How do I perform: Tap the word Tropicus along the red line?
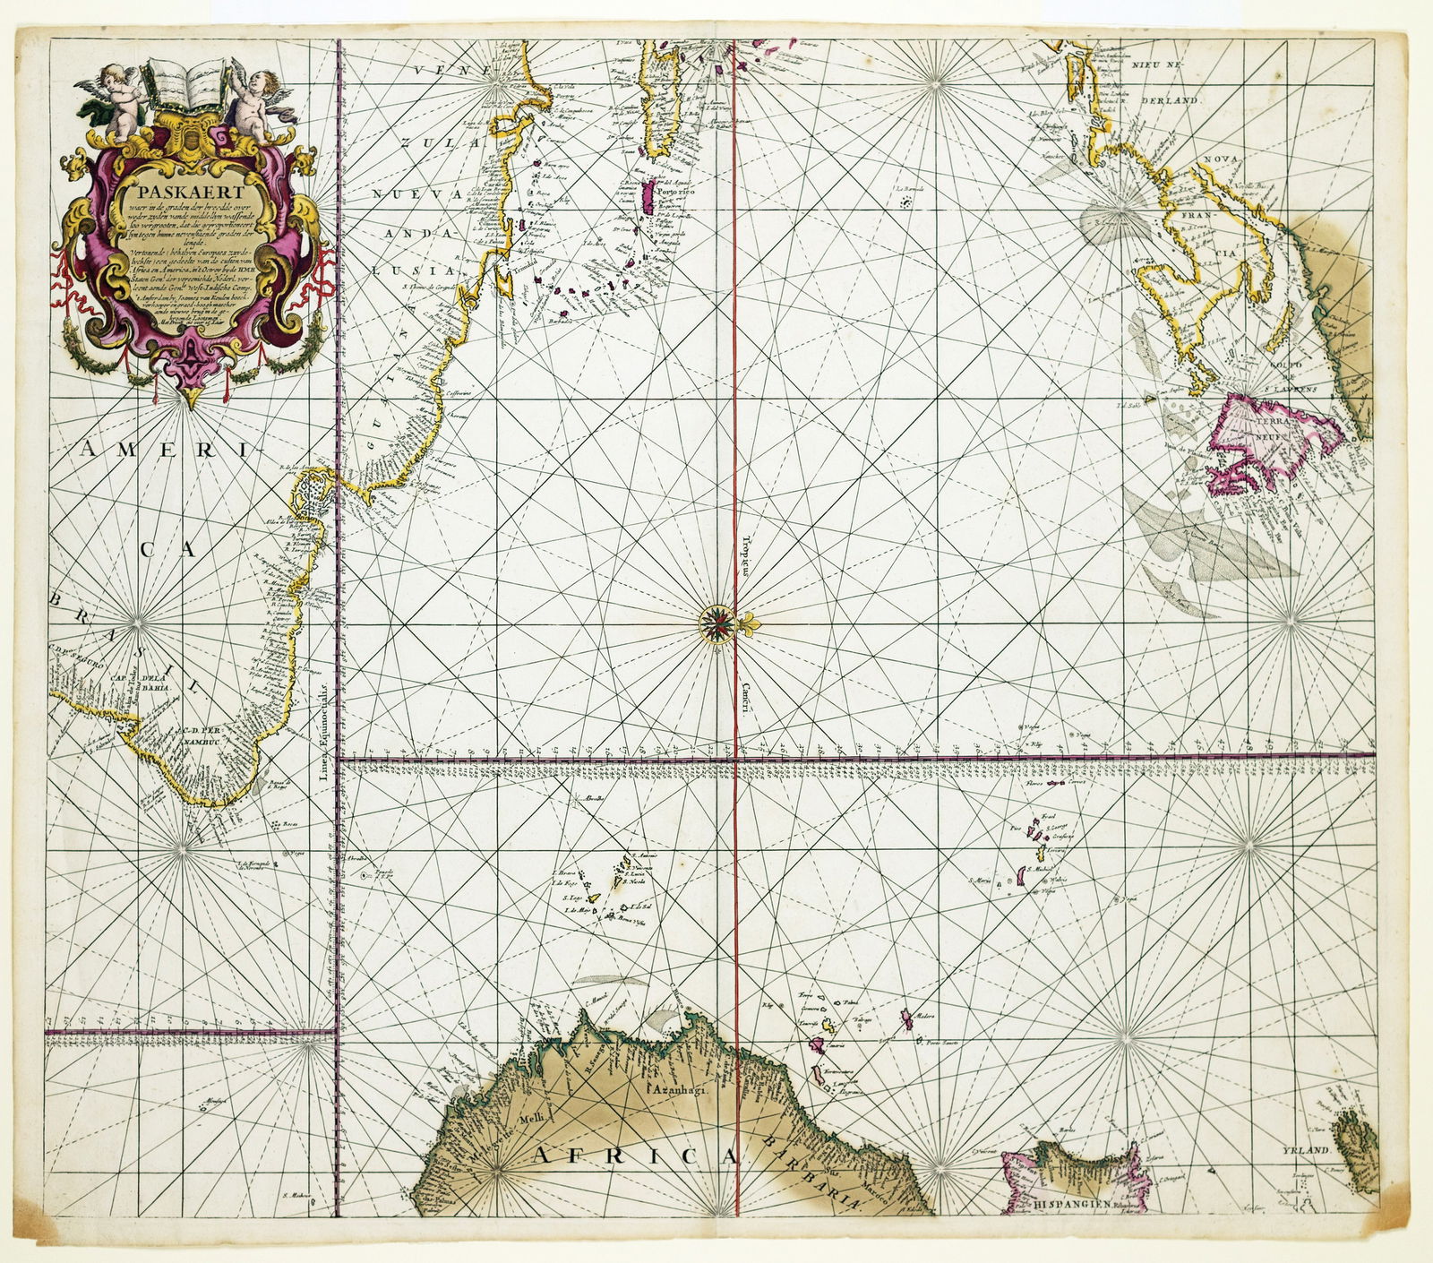point(745,555)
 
